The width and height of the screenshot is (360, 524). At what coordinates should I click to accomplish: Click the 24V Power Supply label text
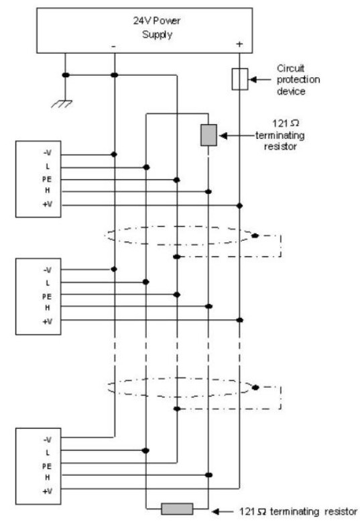(157, 28)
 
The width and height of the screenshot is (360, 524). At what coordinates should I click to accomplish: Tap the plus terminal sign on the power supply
(239, 44)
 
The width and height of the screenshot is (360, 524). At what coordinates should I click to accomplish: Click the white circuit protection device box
(240, 79)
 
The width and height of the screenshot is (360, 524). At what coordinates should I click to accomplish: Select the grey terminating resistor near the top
(208, 135)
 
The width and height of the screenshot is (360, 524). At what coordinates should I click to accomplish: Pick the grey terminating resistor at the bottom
(177, 509)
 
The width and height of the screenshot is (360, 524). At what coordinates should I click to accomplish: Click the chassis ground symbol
(62, 104)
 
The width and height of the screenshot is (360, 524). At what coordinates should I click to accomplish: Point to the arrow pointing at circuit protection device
(260, 80)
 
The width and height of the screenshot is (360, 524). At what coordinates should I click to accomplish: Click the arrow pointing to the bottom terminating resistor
(223, 511)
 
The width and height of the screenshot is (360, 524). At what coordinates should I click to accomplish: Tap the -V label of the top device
(48, 153)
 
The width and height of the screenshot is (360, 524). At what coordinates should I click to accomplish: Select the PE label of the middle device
(47, 297)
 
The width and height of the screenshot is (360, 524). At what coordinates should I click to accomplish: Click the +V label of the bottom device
(48, 491)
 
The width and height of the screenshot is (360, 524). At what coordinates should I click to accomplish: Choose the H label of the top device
(48, 190)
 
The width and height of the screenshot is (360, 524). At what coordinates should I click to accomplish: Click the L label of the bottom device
(48, 452)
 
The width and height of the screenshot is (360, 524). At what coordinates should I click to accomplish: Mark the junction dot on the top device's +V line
(239, 205)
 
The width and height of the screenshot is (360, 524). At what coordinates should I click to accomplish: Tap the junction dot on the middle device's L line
(145, 282)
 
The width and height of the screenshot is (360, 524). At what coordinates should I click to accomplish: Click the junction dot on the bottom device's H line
(208, 475)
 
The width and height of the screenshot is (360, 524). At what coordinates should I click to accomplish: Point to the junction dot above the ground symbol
(66, 75)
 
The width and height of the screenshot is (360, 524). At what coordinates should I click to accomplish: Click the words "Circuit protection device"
(298, 80)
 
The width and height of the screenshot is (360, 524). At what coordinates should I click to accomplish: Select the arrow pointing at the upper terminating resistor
(237, 136)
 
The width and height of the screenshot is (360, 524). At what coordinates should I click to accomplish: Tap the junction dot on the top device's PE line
(177, 180)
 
